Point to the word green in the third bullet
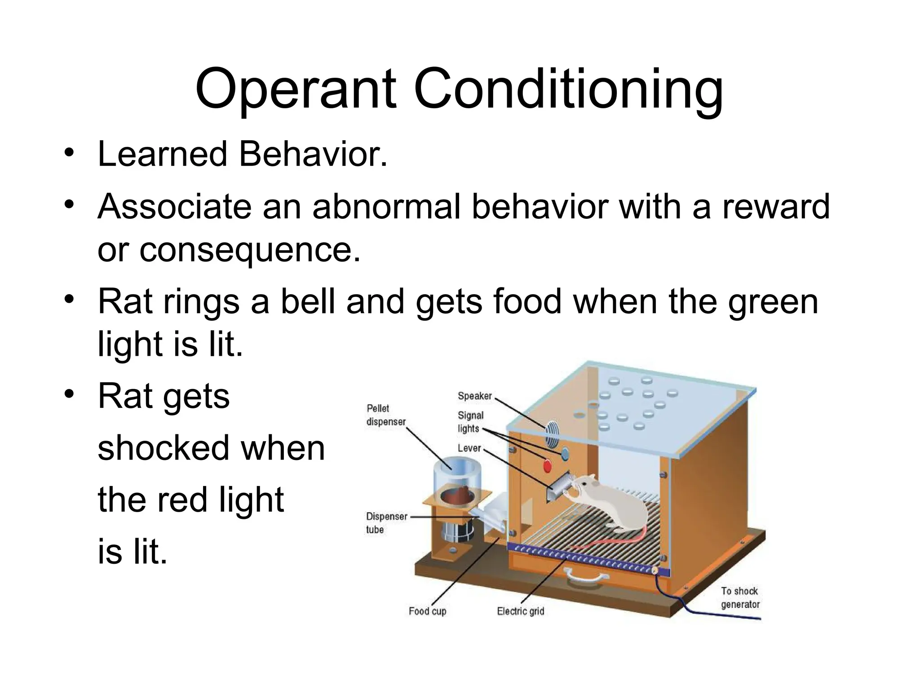pos(773,302)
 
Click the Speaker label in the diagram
pos(474,396)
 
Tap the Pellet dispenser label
pos(385,415)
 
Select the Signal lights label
pos(470,422)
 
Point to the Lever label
pos(469,448)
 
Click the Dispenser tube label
pos(386,523)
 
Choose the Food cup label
pos(427,611)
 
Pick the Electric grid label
pos(520,611)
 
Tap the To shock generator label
pos(740,598)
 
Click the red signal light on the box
pos(547,466)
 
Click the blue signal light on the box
pos(565,454)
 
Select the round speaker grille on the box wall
pos(551,433)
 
